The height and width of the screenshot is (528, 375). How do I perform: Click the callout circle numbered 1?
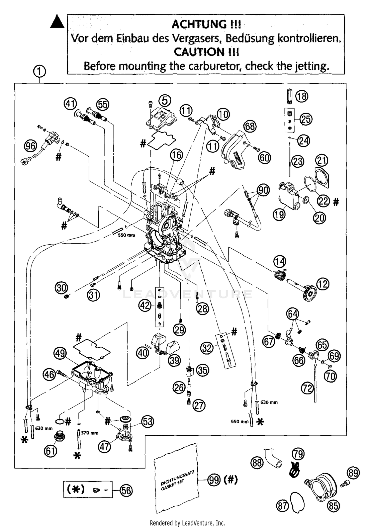pos(39,72)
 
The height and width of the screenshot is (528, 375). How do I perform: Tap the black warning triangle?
pos(57,22)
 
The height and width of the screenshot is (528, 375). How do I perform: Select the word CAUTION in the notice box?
pos(199,52)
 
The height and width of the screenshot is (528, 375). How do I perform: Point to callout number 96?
pos(30,145)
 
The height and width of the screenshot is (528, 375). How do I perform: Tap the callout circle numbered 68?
pos(250,126)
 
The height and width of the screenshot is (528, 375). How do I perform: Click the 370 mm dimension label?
pos(90,433)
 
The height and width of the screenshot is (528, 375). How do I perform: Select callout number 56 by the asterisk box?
pos(126,490)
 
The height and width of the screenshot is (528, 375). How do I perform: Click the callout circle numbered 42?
pos(145,305)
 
